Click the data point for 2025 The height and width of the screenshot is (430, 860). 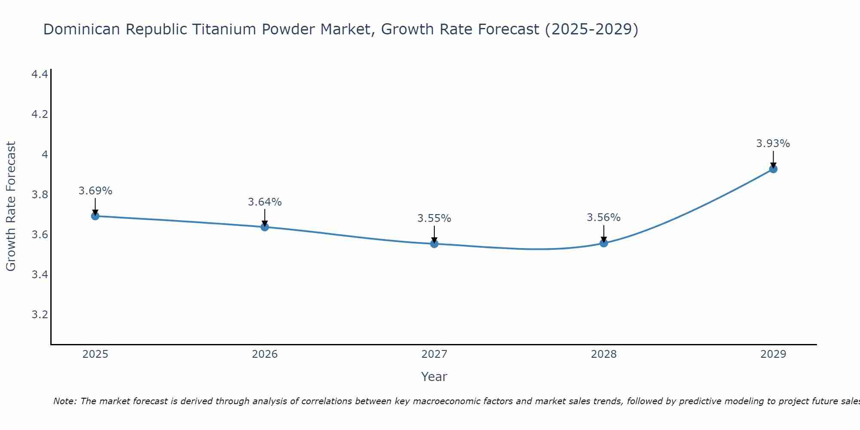(x=95, y=216)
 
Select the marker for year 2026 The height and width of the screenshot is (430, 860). (x=265, y=227)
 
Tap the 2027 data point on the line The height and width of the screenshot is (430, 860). (x=434, y=244)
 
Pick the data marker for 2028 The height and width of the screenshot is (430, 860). (x=604, y=243)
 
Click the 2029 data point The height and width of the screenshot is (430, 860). (x=773, y=169)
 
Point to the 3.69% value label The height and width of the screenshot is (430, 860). (x=95, y=191)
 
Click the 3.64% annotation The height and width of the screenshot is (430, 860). (x=265, y=202)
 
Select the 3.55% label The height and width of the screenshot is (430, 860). (x=434, y=218)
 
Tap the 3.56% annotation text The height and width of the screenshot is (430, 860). (x=604, y=218)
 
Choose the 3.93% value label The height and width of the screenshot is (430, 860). (x=773, y=144)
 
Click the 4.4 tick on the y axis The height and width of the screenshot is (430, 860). (x=40, y=75)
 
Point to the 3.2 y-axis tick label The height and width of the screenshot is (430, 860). (x=40, y=315)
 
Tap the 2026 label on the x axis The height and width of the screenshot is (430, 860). (x=265, y=354)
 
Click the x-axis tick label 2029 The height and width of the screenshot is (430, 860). (x=773, y=354)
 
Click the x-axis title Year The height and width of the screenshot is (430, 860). (x=434, y=377)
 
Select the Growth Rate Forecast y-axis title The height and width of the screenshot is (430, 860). (x=11, y=206)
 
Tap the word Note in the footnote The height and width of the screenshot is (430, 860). (x=64, y=401)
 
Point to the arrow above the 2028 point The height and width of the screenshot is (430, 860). (x=604, y=233)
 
